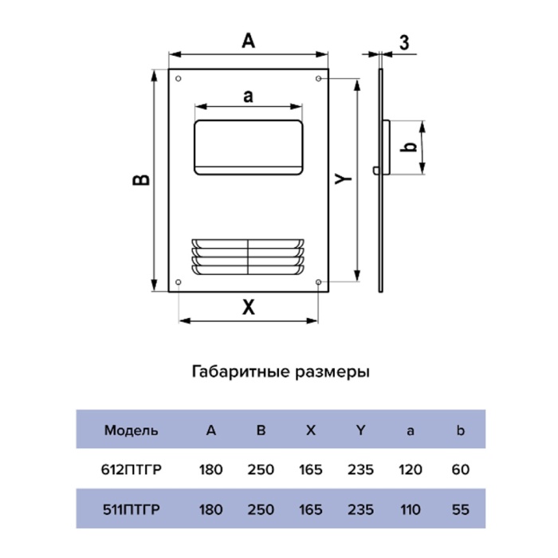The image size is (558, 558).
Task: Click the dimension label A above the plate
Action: (x=249, y=41)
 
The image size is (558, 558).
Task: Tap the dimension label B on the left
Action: (x=140, y=180)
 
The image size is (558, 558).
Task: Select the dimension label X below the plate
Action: (x=249, y=307)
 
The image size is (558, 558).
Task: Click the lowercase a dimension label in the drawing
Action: (x=248, y=96)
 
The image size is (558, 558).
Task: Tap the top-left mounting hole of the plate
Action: (x=178, y=79)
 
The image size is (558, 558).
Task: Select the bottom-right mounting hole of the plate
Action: (x=319, y=283)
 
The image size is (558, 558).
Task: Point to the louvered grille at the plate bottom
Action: (x=248, y=257)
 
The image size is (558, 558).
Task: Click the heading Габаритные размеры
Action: (x=280, y=371)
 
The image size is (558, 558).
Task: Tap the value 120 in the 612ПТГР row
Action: (x=410, y=470)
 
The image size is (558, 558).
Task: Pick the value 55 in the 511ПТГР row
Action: (x=460, y=508)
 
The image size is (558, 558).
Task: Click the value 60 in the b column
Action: (x=460, y=470)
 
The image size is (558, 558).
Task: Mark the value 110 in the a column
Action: (x=410, y=508)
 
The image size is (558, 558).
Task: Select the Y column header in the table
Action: (x=360, y=430)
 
